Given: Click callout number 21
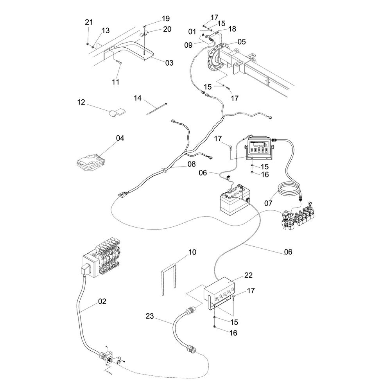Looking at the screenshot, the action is click(89, 22).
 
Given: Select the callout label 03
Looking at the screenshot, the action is click(169, 63).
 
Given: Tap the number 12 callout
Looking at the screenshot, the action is click(81, 102).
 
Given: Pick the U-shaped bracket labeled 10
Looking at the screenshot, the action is click(169, 279).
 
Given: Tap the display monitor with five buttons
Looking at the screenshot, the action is click(259, 148).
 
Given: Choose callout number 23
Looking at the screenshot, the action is click(150, 316).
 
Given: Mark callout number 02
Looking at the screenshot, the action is click(102, 301).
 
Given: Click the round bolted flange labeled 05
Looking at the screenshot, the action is click(217, 56).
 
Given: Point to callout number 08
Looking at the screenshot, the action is click(192, 164).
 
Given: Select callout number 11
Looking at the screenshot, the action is click(115, 82).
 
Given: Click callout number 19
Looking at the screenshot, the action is click(165, 18).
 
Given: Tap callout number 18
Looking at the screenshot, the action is click(232, 29).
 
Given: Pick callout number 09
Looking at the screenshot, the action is click(188, 45).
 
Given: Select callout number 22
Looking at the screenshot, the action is click(248, 275).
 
